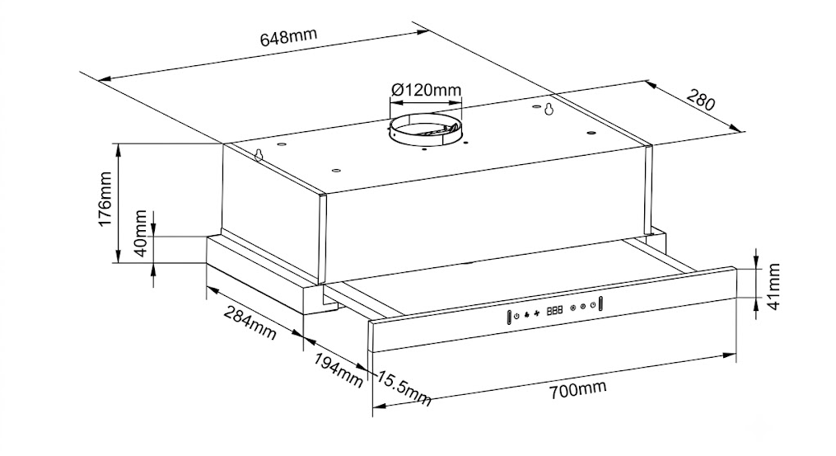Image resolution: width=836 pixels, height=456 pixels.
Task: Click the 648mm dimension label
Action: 288,36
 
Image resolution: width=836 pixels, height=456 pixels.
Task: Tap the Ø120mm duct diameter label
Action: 426,89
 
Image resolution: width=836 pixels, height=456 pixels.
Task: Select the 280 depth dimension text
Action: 701,100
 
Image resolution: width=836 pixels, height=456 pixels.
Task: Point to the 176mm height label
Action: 105,199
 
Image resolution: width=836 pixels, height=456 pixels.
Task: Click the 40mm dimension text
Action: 140,233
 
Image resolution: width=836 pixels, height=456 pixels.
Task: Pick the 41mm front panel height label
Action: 773,286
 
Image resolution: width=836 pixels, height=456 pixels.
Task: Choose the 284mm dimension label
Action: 250,322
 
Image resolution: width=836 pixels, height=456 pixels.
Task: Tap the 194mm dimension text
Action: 338,370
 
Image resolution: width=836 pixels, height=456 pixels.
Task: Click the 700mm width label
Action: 577,389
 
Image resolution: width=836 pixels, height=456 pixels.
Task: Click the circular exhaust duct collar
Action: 426,131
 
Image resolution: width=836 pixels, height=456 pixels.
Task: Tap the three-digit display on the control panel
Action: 554,310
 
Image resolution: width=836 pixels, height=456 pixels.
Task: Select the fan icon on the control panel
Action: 536,313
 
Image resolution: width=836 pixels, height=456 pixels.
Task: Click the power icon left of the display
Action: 516,316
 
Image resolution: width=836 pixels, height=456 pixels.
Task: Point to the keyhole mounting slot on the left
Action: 259,155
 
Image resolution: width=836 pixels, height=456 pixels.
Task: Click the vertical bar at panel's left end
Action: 509,317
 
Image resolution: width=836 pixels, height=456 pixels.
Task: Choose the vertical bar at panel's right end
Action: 601,303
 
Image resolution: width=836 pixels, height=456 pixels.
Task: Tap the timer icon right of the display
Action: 592,305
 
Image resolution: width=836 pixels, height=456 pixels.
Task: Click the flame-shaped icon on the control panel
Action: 526,314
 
